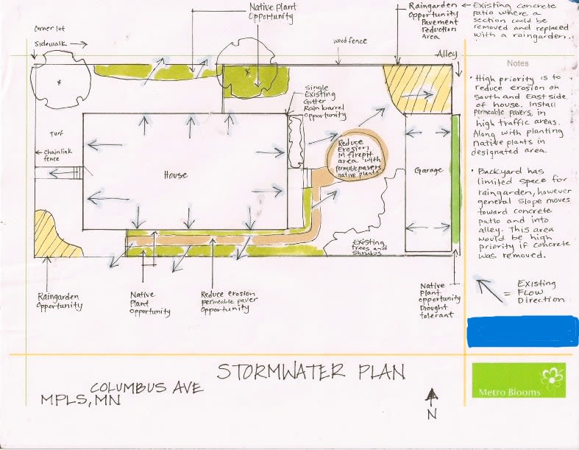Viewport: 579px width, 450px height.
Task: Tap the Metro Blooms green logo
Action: click(519, 380)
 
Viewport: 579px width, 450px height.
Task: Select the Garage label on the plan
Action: click(428, 171)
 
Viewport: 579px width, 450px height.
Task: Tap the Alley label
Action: click(447, 54)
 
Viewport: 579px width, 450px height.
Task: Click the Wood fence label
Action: click(350, 42)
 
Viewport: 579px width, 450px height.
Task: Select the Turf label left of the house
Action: click(57, 135)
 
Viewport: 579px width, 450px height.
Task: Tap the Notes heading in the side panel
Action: click(517, 63)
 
